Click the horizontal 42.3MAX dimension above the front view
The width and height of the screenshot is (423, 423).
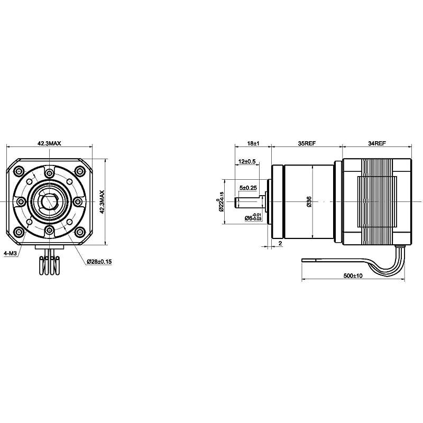pos(49,143)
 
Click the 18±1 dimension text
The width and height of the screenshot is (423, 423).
pos(253,143)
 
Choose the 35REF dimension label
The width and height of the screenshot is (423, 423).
pos(307,143)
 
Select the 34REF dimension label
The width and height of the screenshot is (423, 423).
pos(376,143)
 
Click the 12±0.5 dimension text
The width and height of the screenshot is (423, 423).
pos(247,161)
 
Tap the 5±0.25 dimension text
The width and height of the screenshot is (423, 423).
pos(248,188)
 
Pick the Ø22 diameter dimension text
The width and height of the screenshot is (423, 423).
pos(221,203)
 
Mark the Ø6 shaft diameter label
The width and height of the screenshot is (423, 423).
pos(251,217)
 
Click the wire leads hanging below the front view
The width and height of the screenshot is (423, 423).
pos(49,263)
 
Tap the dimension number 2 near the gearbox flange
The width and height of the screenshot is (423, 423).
pos(279,243)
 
